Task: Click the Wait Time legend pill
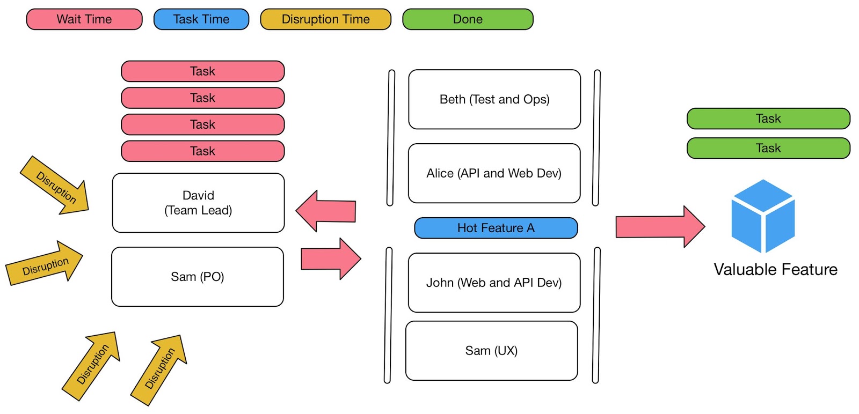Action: [x=84, y=19]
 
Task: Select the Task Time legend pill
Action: [x=201, y=19]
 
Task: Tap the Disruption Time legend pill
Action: [x=325, y=19]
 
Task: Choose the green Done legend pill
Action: [x=468, y=19]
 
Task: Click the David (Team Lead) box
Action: [x=198, y=203]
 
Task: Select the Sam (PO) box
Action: [x=198, y=277]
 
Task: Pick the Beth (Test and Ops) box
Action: [x=494, y=99]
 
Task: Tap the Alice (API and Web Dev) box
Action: [x=494, y=173]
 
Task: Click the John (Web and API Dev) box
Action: [x=494, y=283]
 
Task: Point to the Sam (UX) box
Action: [x=491, y=351]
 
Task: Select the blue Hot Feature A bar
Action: [x=496, y=228]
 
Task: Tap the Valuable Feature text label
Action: [x=775, y=269]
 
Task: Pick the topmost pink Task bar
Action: [x=202, y=71]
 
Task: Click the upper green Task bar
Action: [x=768, y=119]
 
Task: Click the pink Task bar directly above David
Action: [x=202, y=151]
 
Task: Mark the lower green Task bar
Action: [x=768, y=148]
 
